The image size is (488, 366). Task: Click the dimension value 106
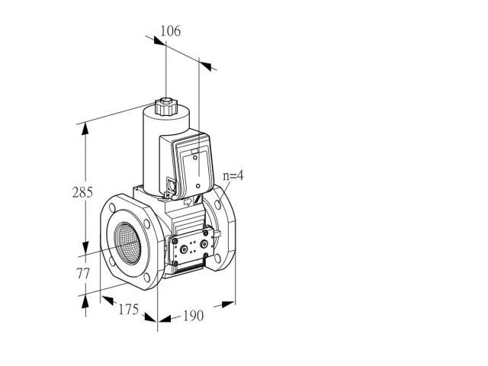point(170,31)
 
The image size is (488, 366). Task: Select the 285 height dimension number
point(82,192)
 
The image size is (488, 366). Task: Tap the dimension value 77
point(83,274)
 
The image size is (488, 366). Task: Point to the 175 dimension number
point(128,309)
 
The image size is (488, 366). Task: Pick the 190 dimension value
point(193,316)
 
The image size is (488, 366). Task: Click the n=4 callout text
point(233,176)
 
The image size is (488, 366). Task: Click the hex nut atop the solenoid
point(166,101)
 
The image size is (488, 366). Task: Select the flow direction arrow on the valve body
point(188,202)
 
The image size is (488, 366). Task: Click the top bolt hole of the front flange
point(113,207)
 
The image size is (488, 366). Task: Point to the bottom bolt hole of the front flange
point(147,278)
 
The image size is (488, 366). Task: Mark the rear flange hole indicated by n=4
point(218,204)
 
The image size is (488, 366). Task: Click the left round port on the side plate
point(185,249)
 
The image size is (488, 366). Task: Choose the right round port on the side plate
point(204,244)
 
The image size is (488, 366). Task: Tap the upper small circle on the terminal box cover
point(195,158)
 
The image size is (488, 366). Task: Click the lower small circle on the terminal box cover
point(198,186)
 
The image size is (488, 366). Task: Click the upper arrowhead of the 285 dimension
point(85,129)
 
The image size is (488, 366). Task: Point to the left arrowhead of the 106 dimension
point(159,40)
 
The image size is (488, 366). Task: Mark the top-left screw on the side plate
point(175,241)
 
